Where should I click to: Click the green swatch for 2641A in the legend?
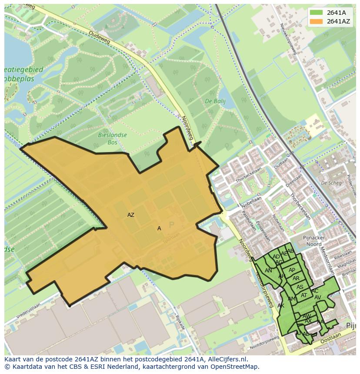317,13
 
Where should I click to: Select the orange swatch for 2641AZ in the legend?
317,21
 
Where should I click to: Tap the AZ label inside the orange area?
131,215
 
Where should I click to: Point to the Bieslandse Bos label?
112,138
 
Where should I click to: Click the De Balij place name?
213,101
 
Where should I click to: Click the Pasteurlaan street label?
249,221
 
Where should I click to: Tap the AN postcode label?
268,271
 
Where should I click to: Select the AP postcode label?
292,270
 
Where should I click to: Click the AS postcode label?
300,287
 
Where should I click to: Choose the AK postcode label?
281,306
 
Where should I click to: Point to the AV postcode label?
318,298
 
